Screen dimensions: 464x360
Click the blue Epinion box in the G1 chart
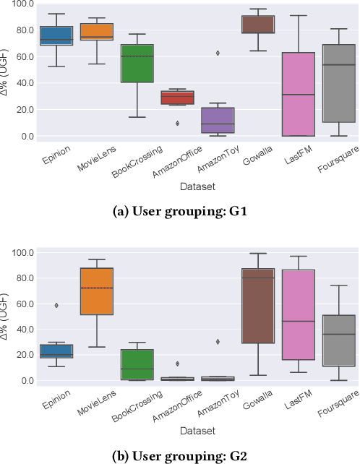tap(56, 36)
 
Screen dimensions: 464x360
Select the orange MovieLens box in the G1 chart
tap(96, 32)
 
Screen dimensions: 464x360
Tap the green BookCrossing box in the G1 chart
tap(137, 63)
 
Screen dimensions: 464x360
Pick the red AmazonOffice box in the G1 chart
tap(177, 98)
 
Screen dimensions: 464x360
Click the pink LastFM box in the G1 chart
tap(299, 94)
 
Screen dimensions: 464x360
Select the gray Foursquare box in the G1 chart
tap(339, 83)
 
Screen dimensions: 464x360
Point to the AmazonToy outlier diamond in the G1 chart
tap(218, 53)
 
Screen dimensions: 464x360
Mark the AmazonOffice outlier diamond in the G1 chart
tap(177, 124)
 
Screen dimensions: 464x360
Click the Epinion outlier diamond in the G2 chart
tap(56, 305)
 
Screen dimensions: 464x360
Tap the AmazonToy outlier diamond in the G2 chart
tap(218, 341)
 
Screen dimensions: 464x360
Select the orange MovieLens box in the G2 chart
tap(96, 291)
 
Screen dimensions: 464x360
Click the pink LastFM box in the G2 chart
tap(299, 315)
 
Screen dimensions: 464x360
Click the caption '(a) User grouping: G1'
tap(179, 212)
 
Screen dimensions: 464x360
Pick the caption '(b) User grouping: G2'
tap(179, 456)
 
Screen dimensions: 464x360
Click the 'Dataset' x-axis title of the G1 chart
tap(197, 187)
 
